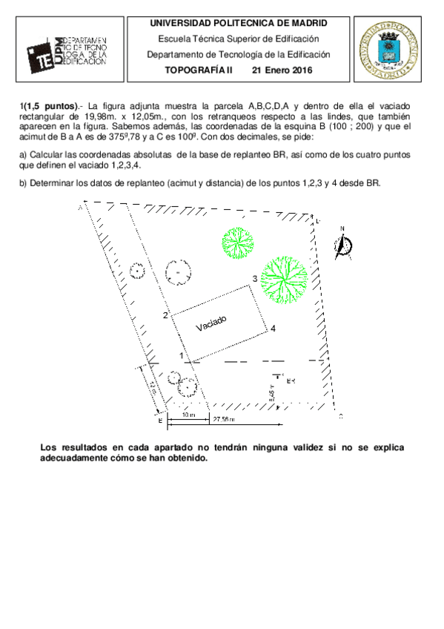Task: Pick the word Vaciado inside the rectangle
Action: click(211, 324)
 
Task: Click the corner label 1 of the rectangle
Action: click(182, 356)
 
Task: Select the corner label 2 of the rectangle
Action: click(166, 316)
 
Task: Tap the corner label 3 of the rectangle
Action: click(254, 278)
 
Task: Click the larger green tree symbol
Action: click(284, 279)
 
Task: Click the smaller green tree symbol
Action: click(239, 240)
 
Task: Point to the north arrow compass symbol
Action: click(343, 246)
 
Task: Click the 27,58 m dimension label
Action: click(223, 420)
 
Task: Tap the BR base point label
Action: click(291, 381)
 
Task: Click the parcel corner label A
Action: click(79, 208)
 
